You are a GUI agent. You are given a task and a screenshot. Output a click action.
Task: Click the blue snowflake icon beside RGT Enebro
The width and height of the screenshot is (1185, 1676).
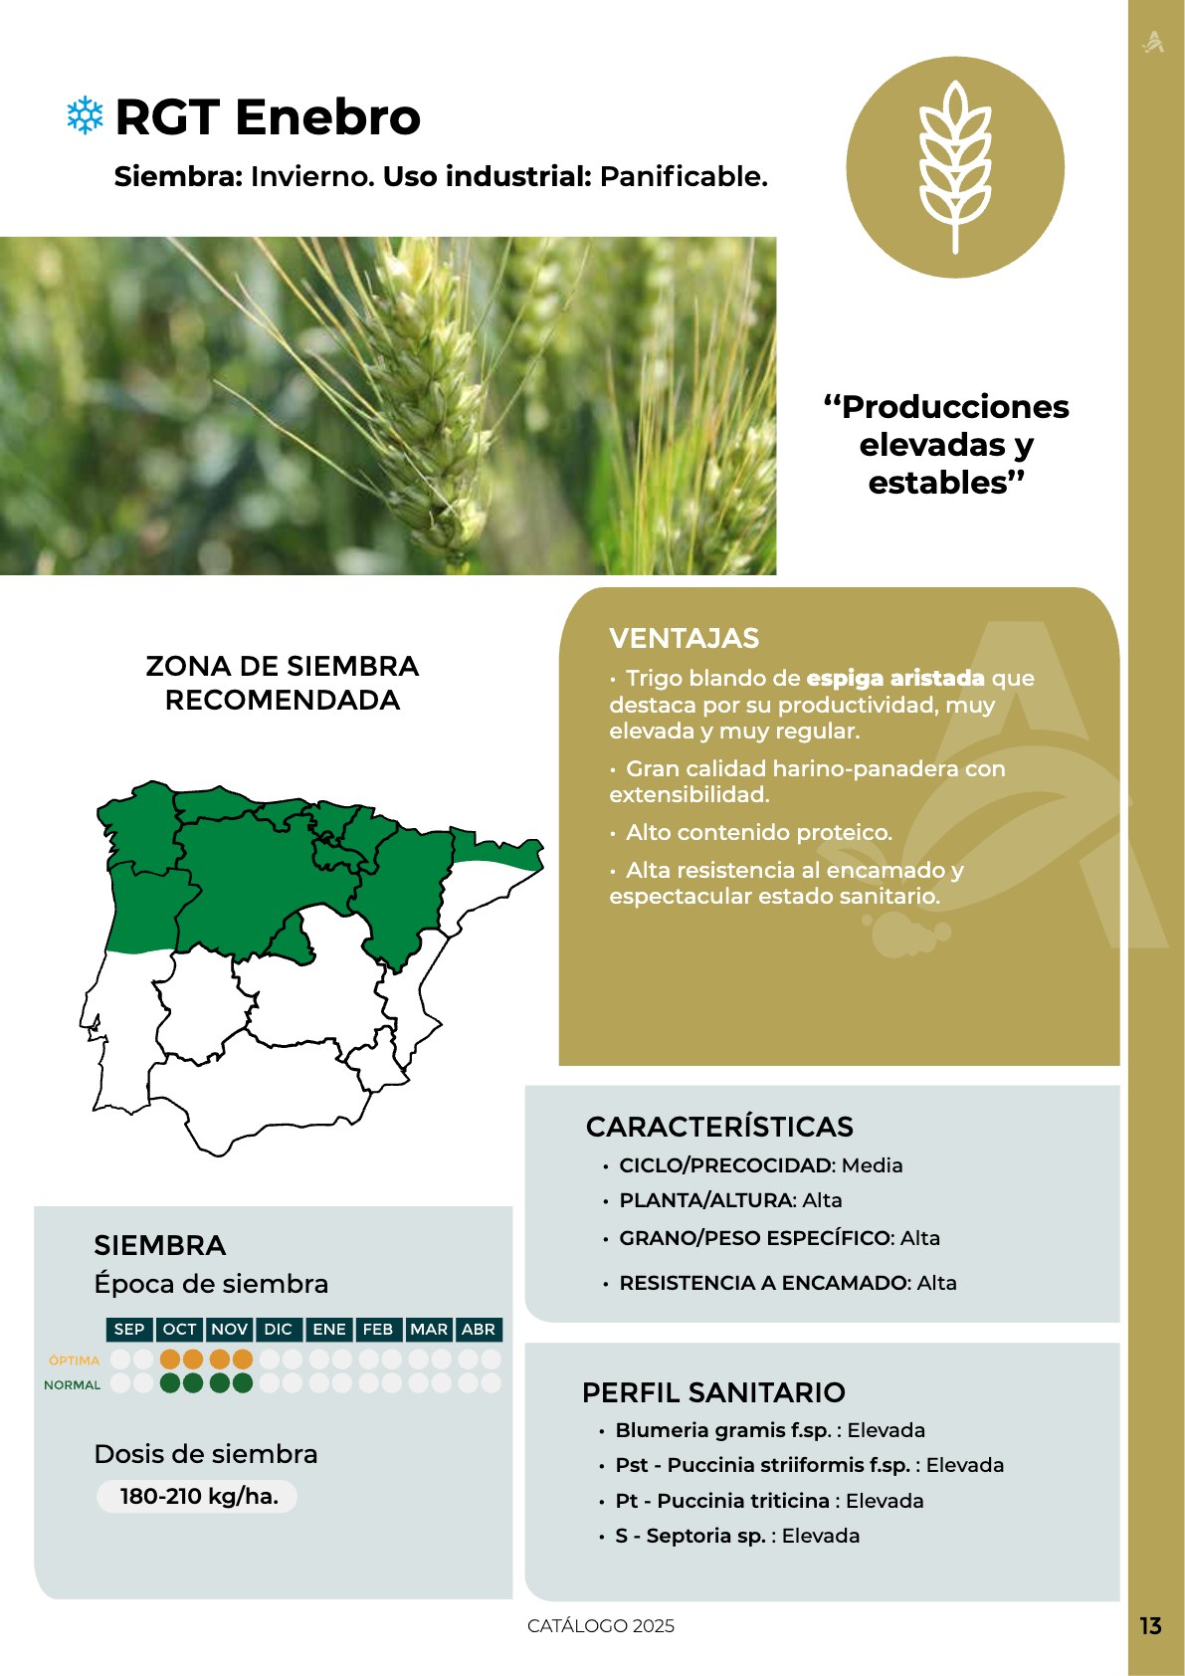point(85,115)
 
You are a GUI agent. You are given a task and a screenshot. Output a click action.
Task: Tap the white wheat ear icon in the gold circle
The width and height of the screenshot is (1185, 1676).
point(955,166)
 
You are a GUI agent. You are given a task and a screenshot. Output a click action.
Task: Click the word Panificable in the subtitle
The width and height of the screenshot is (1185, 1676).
point(684,176)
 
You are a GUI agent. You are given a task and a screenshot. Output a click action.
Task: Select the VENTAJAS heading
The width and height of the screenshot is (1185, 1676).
point(684,638)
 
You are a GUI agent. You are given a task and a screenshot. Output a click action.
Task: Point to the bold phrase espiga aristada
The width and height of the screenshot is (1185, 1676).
point(894,678)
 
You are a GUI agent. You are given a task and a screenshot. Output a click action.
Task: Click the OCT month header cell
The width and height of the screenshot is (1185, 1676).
point(179,1329)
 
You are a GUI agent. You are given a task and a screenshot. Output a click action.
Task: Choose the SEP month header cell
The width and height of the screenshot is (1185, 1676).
point(129,1329)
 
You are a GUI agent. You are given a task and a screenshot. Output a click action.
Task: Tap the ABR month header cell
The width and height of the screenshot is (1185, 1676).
point(478,1329)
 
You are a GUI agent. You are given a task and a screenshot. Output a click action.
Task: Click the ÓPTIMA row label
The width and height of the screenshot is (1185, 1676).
point(74,1361)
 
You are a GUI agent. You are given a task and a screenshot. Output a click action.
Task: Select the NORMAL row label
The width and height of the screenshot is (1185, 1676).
point(72,1385)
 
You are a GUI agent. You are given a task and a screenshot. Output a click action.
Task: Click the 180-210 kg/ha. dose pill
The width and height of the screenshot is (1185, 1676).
point(197,1497)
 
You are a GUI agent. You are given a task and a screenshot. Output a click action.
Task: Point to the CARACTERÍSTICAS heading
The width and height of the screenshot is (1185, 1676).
point(719,1127)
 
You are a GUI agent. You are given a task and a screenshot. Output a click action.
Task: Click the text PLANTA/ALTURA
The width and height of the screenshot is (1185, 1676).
point(705,1200)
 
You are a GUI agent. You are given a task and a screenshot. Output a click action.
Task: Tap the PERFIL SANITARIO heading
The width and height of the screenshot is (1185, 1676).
point(713,1392)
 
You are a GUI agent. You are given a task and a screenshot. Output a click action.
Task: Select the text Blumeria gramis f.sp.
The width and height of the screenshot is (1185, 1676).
point(723,1430)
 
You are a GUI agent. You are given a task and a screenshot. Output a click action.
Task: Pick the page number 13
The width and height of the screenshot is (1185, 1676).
point(1150,1626)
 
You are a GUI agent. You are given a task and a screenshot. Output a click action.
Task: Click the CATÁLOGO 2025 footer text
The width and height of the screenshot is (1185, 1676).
point(601,1626)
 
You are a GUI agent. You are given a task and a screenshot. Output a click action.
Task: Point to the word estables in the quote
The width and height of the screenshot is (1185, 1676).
point(938,484)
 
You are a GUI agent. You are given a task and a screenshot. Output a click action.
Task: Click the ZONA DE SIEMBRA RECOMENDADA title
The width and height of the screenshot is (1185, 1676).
point(282,683)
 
